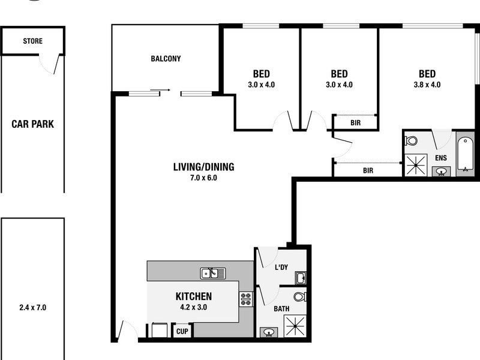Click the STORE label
(x=32, y=41)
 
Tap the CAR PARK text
(x=32, y=124)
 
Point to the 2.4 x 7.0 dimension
(x=32, y=307)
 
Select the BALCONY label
(x=166, y=59)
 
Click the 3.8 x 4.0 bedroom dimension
(x=427, y=85)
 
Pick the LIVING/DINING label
(x=203, y=167)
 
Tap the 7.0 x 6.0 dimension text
(x=203, y=178)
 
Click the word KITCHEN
(x=193, y=296)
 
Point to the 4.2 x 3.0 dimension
(x=193, y=307)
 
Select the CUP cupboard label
(x=181, y=331)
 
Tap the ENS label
(x=441, y=158)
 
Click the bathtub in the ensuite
(x=465, y=155)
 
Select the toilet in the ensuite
(x=411, y=141)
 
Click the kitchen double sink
(x=212, y=273)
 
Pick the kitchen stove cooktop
(x=246, y=298)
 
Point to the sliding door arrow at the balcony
(x=160, y=91)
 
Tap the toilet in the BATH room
(x=300, y=296)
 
